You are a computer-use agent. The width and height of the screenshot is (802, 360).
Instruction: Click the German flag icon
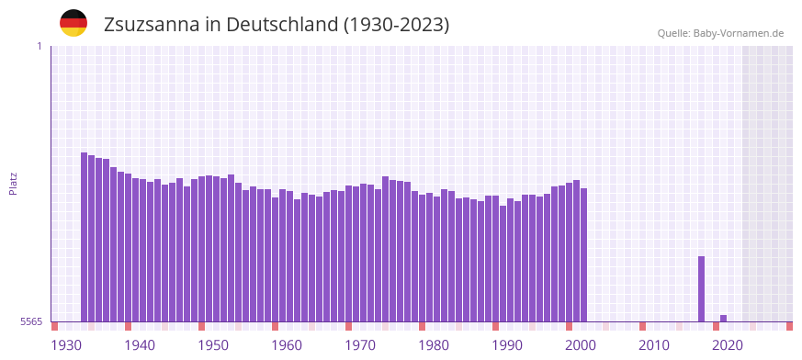coord(73,24)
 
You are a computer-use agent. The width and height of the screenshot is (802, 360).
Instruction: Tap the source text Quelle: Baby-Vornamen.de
coord(720,33)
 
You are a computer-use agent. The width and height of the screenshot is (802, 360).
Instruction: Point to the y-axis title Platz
coord(13,183)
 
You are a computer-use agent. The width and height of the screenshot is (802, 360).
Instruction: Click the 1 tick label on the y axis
coord(39,46)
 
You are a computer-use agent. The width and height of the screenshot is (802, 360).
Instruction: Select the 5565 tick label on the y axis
coord(31,321)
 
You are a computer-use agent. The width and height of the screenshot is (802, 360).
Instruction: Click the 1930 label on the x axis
coord(66,345)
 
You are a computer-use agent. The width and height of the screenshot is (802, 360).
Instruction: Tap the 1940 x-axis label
coord(140,345)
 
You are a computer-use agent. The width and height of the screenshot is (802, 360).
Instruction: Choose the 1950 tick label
coord(213,345)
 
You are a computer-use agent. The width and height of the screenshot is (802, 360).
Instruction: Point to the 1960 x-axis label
coord(287,345)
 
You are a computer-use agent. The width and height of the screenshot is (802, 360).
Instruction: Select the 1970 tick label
coord(360,345)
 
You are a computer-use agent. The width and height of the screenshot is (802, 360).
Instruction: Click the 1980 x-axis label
coord(434,345)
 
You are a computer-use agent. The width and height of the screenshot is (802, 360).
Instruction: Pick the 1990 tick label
coord(507,345)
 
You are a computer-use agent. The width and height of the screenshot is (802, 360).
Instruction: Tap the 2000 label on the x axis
coord(581,345)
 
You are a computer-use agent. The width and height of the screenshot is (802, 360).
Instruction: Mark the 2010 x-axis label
coord(654,345)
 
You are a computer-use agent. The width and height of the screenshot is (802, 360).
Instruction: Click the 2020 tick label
coord(728,345)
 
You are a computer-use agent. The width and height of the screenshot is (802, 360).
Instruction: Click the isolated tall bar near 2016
coord(701,288)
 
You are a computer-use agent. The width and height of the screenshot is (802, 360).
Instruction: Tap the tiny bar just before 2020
coord(723,318)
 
